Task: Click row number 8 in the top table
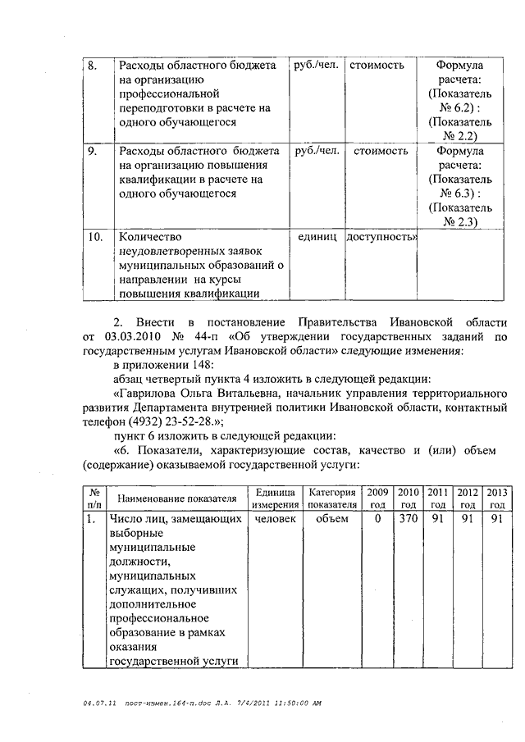[93, 65]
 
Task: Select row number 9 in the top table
[93, 151]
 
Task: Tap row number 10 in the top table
[95, 237]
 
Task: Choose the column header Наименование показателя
[177, 498]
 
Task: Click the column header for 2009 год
[377, 498]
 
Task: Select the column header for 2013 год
[496, 498]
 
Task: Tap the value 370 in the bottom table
[408, 519]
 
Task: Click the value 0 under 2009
[377, 519]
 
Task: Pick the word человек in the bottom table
[276, 519]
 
